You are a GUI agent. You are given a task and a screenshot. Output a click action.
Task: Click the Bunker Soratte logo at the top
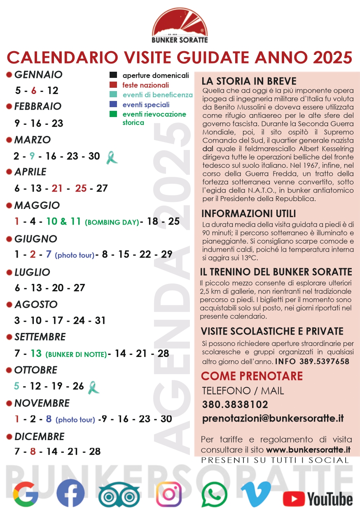pyautogui.click(x=180, y=27)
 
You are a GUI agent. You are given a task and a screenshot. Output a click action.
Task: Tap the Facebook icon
pyautogui.click(x=70, y=494)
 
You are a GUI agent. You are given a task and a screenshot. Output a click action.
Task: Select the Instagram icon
pyautogui.click(x=169, y=494)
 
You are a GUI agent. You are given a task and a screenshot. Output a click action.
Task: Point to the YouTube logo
pyautogui.click(x=318, y=499)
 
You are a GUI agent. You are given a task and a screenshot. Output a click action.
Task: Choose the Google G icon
pyautogui.click(x=26, y=494)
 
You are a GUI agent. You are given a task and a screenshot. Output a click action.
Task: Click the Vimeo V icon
pyautogui.click(x=256, y=494)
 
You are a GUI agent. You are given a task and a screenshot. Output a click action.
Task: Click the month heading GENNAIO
pyautogui.click(x=38, y=75)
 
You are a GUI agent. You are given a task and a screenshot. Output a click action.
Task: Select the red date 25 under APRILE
pyautogui.click(x=81, y=188)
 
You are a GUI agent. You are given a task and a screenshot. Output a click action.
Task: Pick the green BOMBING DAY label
pyautogui.click(x=112, y=223)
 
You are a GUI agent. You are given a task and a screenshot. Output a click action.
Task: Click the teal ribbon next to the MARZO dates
pyautogui.click(x=110, y=157)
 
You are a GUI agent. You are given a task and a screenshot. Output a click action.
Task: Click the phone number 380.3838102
pyautogui.click(x=235, y=405)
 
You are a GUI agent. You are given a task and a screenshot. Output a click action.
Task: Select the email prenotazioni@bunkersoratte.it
pyautogui.click(x=273, y=419)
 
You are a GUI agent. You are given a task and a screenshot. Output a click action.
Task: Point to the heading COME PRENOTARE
pyautogui.click(x=252, y=376)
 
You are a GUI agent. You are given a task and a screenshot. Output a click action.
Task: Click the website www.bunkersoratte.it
pyautogui.click(x=308, y=450)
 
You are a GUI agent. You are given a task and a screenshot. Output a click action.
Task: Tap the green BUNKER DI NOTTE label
pyautogui.click(x=76, y=354)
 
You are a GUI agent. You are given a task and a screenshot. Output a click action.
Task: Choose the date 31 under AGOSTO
pyautogui.click(x=101, y=320)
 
